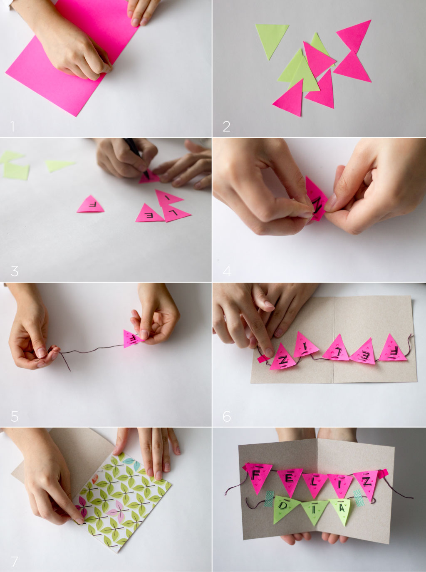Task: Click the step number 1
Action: pyautogui.click(x=12, y=126)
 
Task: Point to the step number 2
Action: pyautogui.click(x=226, y=126)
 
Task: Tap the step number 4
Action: pyautogui.click(x=227, y=271)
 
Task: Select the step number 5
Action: pyautogui.click(x=15, y=416)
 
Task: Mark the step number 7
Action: pyautogui.click(x=15, y=562)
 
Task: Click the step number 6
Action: pyautogui.click(x=227, y=416)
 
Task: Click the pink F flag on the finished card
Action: pyautogui.click(x=258, y=477)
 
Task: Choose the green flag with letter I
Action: pyautogui.click(x=313, y=511)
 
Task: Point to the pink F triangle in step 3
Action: pyautogui.click(x=90, y=205)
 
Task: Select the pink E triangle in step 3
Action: pyautogui.click(x=149, y=213)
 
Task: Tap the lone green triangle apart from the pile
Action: pyautogui.click(x=272, y=40)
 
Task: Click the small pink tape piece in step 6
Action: pyautogui.click(x=263, y=358)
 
